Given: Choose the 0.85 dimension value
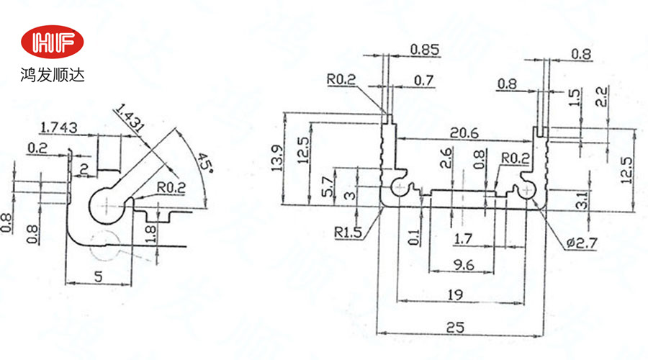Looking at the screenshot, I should pos(425,50).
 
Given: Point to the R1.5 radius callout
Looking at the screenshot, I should pos(348,233).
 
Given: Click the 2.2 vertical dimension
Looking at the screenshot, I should pos(602,96).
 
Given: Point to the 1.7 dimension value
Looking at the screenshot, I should pos(464,236).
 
